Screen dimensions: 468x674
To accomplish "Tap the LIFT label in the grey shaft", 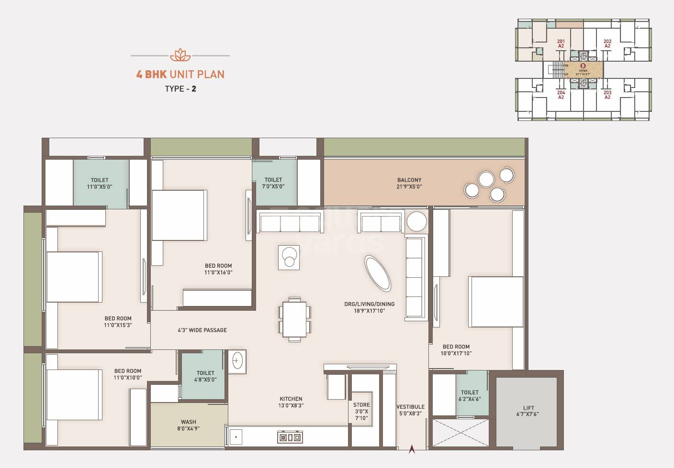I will click(x=528, y=408).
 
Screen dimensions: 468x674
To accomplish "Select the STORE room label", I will click(x=361, y=405).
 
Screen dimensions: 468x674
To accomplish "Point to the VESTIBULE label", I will click(x=410, y=407).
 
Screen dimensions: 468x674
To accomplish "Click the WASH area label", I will click(x=188, y=422).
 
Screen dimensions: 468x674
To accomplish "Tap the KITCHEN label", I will click(x=291, y=399).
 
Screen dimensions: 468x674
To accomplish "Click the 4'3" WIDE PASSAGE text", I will click(x=202, y=330).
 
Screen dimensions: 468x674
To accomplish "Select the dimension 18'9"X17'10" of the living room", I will click(x=369, y=311).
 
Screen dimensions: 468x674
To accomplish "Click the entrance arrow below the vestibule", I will click(x=411, y=449).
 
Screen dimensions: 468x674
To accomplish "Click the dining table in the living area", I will click(x=294, y=319).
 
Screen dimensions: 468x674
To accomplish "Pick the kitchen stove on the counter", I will click(x=290, y=437).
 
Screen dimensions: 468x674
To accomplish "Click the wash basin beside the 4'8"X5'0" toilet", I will click(x=237, y=361).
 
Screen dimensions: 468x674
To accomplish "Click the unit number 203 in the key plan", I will click(x=607, y=92).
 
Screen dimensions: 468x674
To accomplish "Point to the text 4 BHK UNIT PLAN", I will click(x=180, y=74).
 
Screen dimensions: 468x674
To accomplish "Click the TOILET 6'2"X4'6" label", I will click(x=470, y=395).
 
